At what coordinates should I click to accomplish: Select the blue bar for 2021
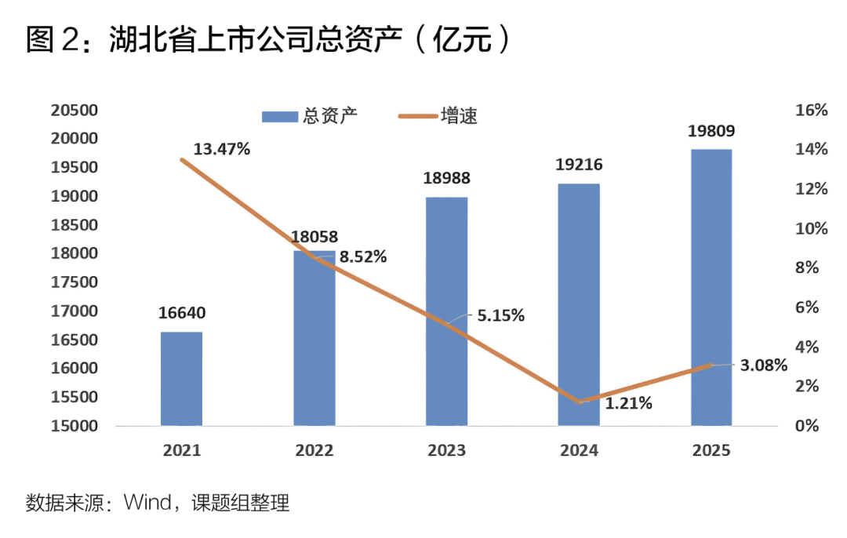181,379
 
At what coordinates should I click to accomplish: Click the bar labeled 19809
711,287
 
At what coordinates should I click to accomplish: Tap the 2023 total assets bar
447,311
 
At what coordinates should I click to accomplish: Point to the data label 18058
314,237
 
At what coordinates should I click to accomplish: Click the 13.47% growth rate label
221,149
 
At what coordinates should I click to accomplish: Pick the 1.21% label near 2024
628,403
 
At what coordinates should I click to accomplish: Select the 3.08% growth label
763,365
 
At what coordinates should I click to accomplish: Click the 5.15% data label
500,315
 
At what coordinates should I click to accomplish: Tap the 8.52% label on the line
363,256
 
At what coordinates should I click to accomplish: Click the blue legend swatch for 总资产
280,117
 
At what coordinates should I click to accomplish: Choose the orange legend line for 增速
417,116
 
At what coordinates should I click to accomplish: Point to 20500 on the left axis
75,111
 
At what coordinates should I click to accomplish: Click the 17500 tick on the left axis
75,282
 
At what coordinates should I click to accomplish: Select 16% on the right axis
812,111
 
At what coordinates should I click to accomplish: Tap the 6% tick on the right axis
807,307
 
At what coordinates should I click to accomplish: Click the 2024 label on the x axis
579,450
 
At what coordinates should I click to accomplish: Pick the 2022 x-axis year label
314,450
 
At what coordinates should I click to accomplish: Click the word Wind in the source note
147,503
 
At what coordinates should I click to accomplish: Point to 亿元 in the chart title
462,39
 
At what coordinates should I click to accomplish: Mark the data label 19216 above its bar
579,164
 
